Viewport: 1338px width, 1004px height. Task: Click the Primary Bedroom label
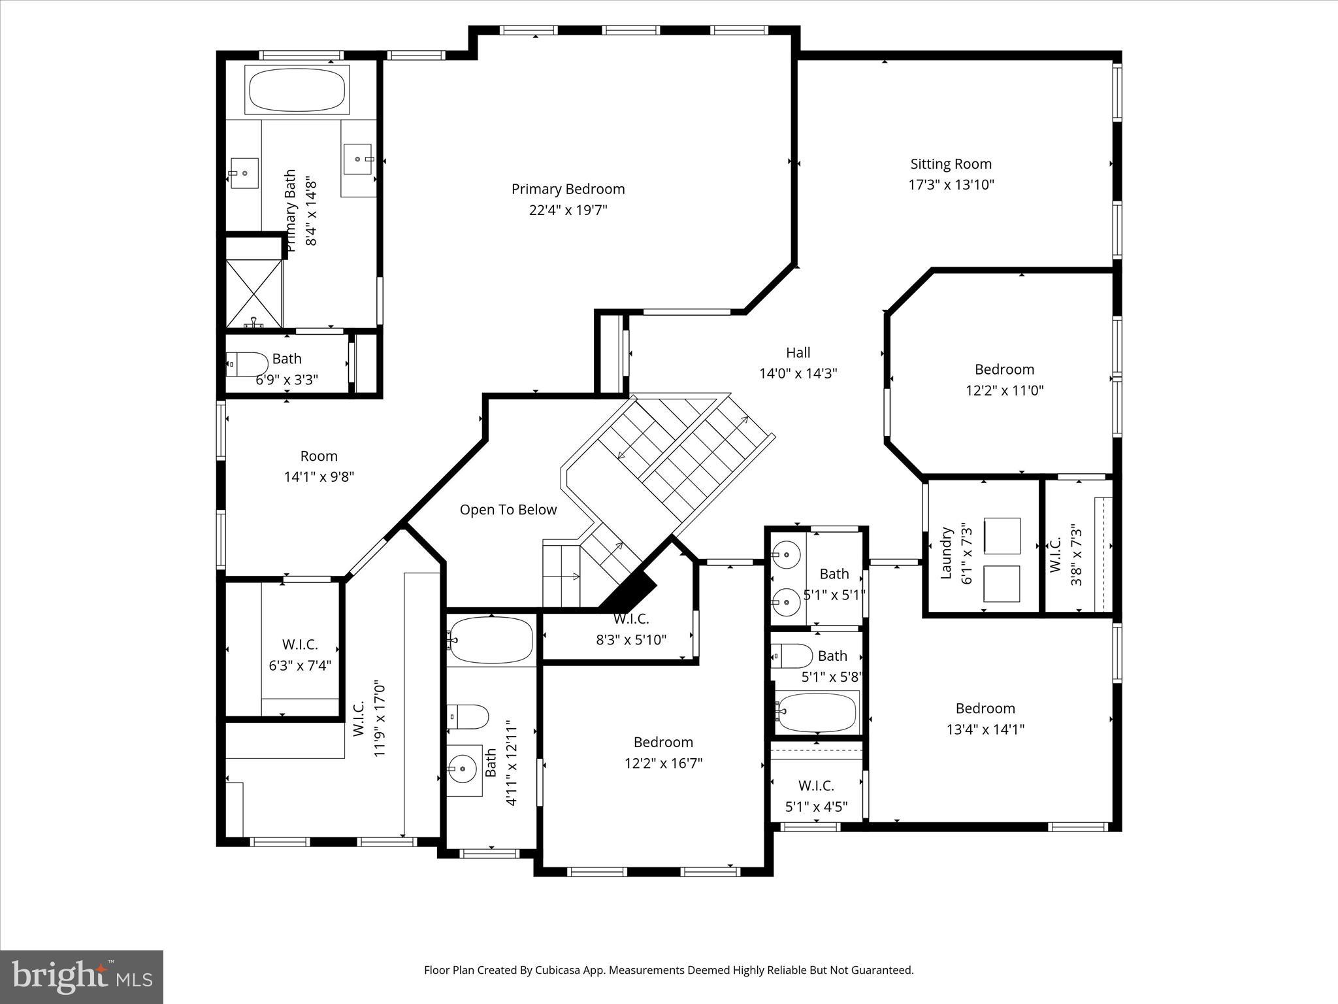click(x=568, y=189)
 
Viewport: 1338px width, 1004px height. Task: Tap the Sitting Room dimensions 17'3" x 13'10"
click(x=951, y=184)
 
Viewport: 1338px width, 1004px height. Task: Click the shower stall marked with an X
click(x=254, y=293)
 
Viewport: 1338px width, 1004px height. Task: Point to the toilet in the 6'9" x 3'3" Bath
click(x=248, y=363)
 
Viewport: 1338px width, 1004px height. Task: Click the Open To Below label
click(x=508, y=510)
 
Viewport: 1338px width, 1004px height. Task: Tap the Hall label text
click(x=798, y=353)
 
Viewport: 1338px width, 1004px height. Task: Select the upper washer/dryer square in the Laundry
click(x=1002, y=536)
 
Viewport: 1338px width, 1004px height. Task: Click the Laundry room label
click(x=946, y=553)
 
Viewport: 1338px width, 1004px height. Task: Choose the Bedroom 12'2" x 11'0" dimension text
click(x=1004, y=391)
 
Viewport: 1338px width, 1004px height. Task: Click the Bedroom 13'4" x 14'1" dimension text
click(x=985, y=729)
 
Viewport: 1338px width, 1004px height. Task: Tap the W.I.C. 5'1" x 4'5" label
click(x=816, y=786)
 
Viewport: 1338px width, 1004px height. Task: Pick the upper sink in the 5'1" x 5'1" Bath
click(x=786, y=555)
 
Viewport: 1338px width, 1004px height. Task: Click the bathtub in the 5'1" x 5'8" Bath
click(x=817, y=712)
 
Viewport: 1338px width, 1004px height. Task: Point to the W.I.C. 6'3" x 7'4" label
click(x=300, y=644)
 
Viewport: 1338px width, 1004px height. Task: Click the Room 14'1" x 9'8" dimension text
click(x=319, y=477)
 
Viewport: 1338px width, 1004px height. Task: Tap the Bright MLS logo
click(x=82, y=977)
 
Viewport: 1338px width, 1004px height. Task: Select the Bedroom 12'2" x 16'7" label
click(x=663, y=743)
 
